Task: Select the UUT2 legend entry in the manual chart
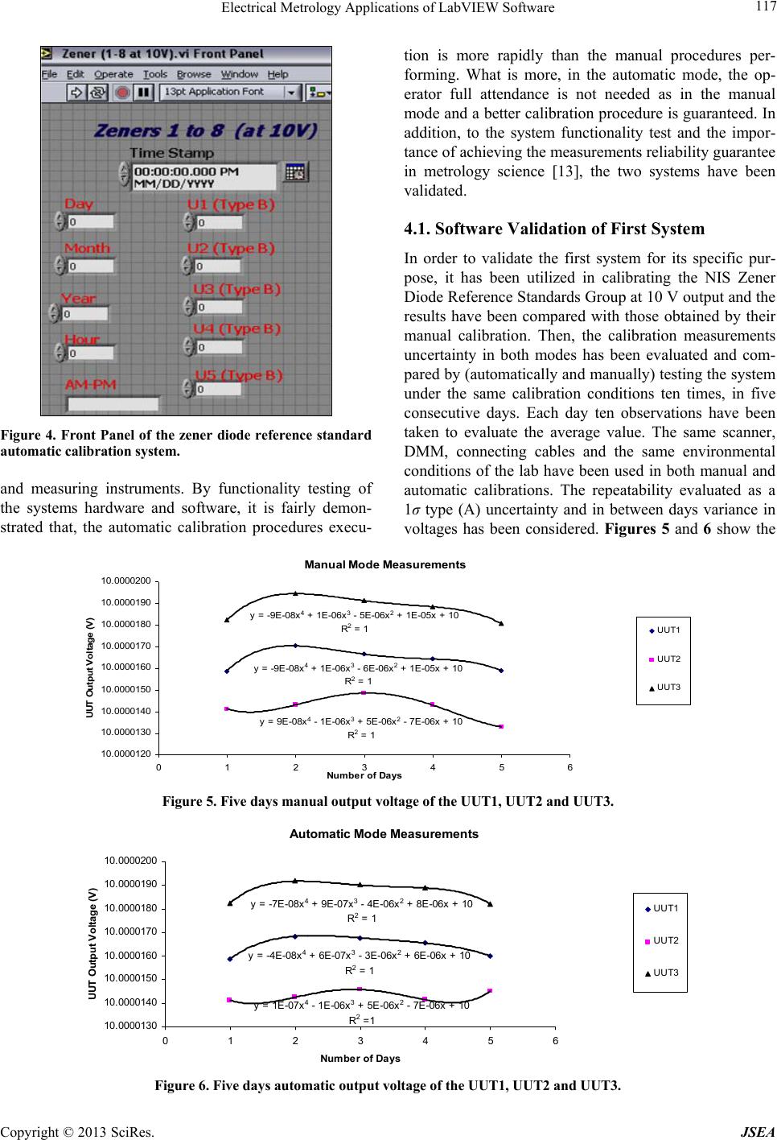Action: tap(668, 659)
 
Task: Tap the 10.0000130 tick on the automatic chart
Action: tap(131, 1026)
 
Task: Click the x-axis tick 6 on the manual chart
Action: tap(569, 766)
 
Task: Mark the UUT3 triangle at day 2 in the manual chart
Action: tap(295, 594)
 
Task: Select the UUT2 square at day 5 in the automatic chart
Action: tap(490, 991)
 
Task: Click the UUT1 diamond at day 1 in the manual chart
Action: tap(227, 671)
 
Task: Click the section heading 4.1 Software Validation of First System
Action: tap(553, 229)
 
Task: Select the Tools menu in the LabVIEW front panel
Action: tap(155, 74)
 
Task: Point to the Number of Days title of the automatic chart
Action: tap(360, 1058)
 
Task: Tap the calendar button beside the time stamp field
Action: tap(294, 172)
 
